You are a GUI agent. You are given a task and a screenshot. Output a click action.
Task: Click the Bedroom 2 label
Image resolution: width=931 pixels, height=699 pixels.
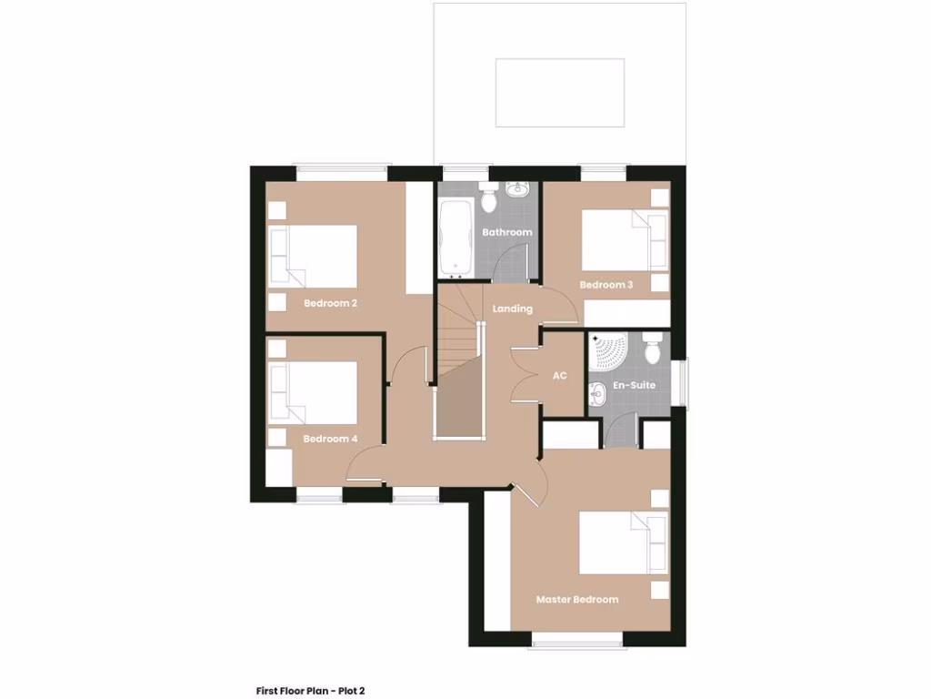coord(330,303)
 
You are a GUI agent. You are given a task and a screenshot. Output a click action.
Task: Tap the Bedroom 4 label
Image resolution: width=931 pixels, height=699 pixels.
coord(330,439)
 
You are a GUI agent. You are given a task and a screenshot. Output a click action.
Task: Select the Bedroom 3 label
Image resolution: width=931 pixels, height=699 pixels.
coord(606,285)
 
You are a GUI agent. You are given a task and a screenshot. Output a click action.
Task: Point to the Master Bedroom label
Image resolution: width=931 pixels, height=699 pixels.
coord(577,599)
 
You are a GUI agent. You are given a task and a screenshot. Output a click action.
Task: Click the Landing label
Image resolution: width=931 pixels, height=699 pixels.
coord(513,309)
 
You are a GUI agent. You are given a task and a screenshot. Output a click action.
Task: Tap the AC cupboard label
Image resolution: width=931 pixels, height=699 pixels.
coord(560,375)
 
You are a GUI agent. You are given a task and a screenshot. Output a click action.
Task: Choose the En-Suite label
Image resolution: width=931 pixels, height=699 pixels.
coord(635,386)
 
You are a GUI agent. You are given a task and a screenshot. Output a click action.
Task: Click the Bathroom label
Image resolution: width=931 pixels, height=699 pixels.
coord(507,232)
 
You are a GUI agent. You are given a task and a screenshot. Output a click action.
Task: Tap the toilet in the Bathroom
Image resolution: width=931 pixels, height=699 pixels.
coord(488,194)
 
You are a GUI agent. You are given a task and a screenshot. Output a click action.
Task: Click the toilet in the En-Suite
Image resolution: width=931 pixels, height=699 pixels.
coord(652,348)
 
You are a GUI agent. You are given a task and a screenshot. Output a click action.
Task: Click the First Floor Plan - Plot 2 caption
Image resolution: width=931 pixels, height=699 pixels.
coord(310,691)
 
